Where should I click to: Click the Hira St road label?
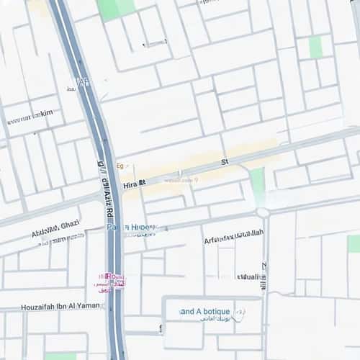(135, 184)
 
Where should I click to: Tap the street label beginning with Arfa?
(233, 236)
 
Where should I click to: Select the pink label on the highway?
(110, 281)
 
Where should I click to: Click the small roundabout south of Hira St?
(263, 212)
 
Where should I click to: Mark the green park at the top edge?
(115, 8)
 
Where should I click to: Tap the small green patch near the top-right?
(315, 47)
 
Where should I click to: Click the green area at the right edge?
(354, 243)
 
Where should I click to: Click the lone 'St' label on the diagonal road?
(225, 162)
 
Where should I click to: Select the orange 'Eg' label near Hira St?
(120, 166)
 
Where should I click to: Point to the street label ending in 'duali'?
(248, 276)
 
